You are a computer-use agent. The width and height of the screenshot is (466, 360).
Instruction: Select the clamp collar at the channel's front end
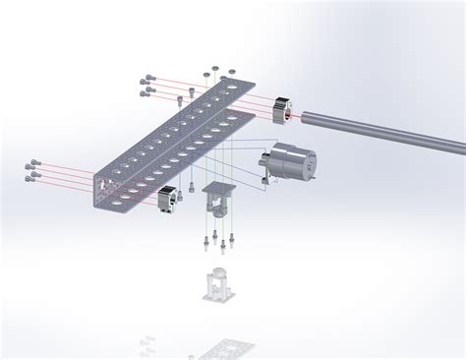coord(167,198)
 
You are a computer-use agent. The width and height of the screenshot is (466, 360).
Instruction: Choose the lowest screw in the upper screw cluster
coord(148,94)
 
